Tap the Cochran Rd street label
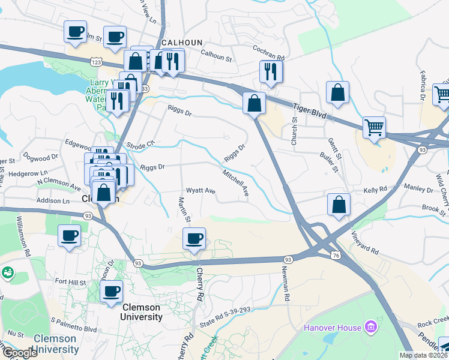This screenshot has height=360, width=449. coord(268,52)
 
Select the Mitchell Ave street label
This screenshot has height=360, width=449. coord(236,182)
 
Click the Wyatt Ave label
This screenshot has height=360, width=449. coord(200,190)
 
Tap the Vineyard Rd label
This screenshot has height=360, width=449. coord(365,242)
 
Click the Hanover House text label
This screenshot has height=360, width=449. coord(332,328)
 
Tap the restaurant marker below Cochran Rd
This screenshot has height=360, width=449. coord(271,71)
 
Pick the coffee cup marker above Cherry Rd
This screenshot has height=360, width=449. coord(194,239)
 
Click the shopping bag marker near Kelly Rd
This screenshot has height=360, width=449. coord(339,204)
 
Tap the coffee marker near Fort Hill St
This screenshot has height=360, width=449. coord(110,292)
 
